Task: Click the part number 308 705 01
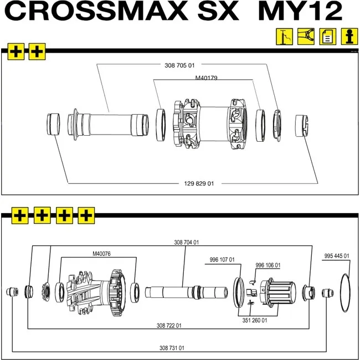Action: pos(179,65)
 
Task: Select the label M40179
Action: pos(206,78)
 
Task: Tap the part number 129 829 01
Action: pos(199,183)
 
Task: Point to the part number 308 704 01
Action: pos(187,243)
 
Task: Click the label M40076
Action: pos(101,254)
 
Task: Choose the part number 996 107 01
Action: pos(222,260)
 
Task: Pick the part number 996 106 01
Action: pos(268,265)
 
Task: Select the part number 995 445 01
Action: pos(337,256)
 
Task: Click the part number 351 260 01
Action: pos(255,320)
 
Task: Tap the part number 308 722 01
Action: pos(169,326)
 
